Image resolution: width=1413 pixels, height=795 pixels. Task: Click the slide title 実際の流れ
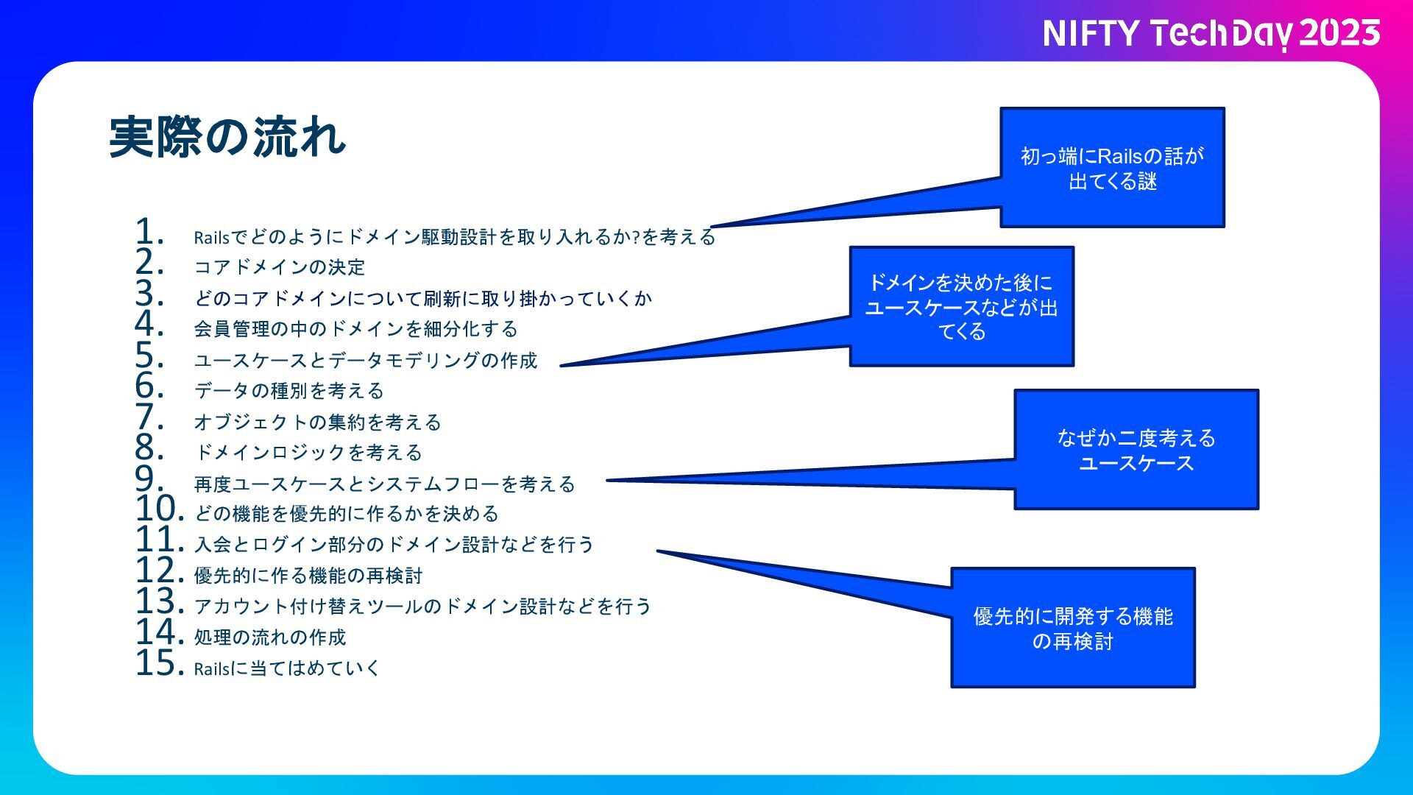227,137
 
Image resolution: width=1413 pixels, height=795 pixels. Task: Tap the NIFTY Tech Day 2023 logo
1211,34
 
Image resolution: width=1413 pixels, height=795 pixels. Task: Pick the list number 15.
158,663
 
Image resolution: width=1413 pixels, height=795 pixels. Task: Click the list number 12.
158,570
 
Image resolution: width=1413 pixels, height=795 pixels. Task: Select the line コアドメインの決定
280,267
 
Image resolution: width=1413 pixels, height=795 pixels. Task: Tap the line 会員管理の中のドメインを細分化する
356,329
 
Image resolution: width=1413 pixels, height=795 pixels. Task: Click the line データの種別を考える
289,391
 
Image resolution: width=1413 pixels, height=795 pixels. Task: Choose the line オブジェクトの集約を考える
317,422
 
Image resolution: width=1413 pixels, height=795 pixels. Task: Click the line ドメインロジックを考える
308,453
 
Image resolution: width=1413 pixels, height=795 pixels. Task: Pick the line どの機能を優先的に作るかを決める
347,514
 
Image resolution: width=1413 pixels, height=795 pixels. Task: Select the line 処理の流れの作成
270,637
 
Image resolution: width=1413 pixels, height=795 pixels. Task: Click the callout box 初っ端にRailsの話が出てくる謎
1112,168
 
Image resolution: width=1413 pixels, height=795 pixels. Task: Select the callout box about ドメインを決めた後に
961,306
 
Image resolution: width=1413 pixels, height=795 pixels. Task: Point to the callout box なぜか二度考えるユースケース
1136,450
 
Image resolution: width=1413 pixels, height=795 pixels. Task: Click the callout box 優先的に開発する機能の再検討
1072,628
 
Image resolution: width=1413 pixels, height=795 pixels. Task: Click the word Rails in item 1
212,238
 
